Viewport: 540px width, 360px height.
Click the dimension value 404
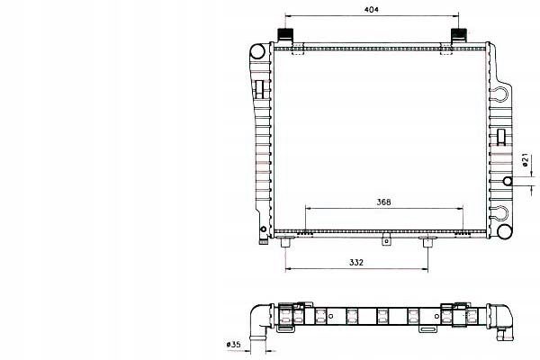[371, 9]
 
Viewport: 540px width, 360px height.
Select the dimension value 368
[383, 202]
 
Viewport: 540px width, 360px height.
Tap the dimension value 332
[356, 262]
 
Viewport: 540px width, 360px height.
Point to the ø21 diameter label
[526, 159]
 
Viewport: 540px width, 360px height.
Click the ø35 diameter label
[234, 344]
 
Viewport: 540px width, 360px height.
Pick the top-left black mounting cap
[285, 34]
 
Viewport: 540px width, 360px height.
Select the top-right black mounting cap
[459, 34]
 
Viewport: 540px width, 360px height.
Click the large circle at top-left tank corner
[257, 51]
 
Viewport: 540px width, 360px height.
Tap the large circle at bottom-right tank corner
[504, 230]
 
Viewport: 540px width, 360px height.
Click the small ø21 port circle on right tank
[508, 181]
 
